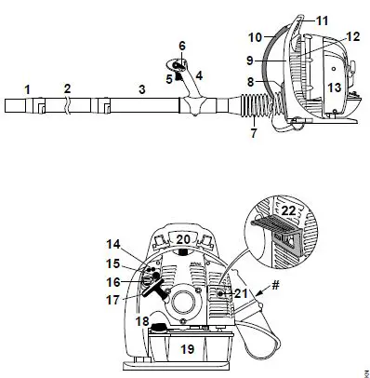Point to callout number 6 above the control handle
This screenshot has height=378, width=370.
pyautogui.click(x=182, y=45)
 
